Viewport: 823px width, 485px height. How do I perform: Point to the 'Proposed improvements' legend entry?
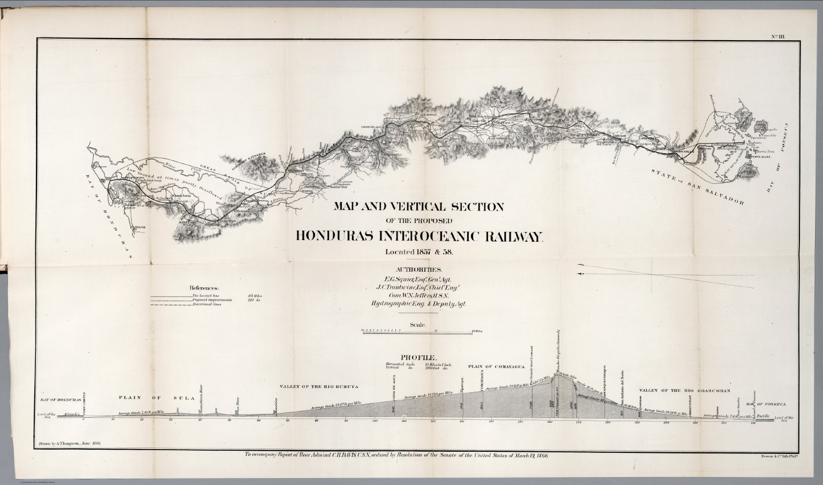point(211,300)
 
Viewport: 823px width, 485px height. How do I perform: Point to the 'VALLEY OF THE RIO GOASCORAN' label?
point(685,392)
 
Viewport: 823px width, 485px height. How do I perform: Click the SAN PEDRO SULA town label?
point(192,221)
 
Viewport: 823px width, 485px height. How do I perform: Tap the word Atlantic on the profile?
point(69,414)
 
